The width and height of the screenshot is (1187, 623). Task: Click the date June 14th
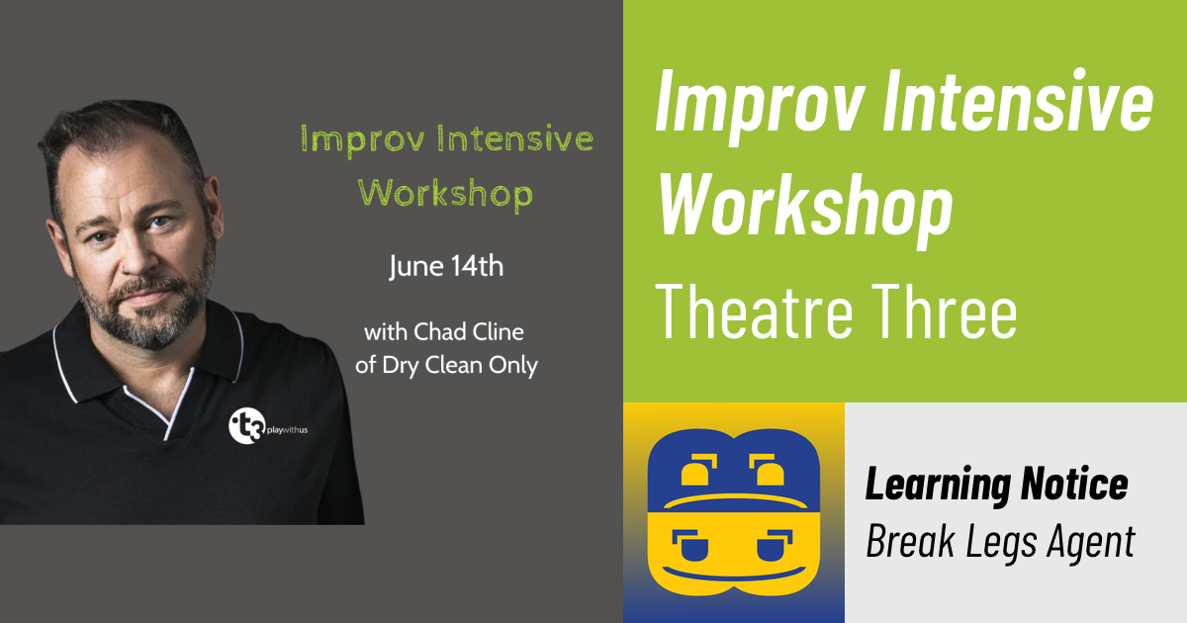[445, 267]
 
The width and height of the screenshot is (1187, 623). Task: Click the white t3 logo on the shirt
[242, 426]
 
